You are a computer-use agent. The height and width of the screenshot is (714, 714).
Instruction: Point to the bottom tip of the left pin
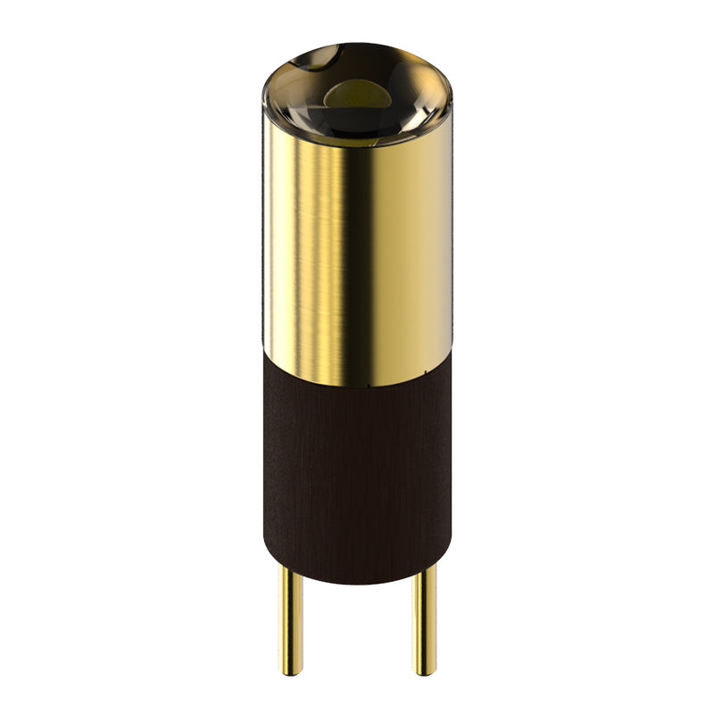click(290, 672)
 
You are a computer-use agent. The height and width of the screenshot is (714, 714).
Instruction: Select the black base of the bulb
click(357, 473)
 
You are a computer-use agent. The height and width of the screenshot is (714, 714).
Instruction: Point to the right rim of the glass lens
click(449, 89)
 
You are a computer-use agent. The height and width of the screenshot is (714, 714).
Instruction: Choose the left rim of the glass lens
click(265, 89)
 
